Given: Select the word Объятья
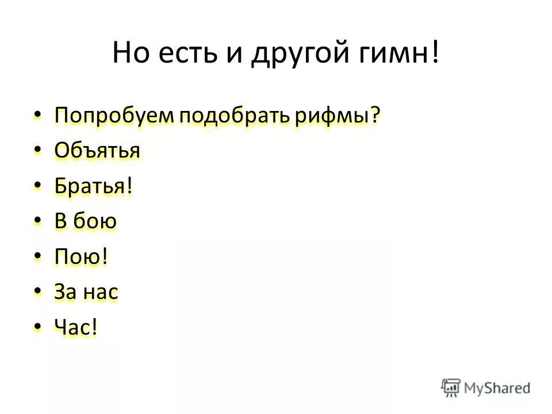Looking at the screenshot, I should click(x=97, y=151).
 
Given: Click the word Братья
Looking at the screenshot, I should click(x=93, y=186).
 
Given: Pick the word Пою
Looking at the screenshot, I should click(x=81, y=257).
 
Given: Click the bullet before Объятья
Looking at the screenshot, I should click(x=38, y=151).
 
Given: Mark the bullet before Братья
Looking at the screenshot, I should click(x=38, y=186).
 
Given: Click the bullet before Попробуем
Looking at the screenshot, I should click(x=38, y=115).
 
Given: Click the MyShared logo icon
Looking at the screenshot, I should click(x=451, y=388).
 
